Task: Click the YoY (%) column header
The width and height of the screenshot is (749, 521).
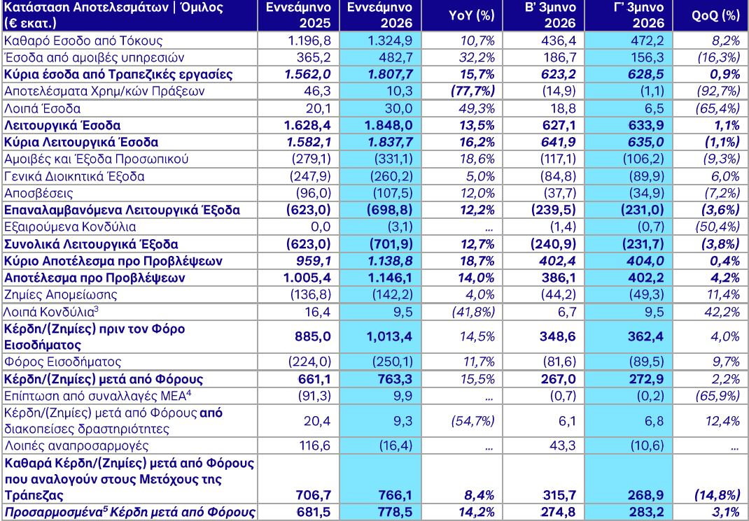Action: click(x=472, y=15)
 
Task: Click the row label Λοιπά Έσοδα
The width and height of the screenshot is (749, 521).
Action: click(x=42, y=109)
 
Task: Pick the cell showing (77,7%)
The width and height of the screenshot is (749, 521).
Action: click(x=472, y=92)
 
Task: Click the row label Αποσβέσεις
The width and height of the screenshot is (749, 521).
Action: click(x=38, y=193)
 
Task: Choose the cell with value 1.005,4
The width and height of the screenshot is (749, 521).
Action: click(x=307, y=278)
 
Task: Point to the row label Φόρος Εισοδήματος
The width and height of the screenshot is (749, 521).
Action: click(x=62, y=362)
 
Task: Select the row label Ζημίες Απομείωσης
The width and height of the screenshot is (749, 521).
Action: click(x=60, y=294)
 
